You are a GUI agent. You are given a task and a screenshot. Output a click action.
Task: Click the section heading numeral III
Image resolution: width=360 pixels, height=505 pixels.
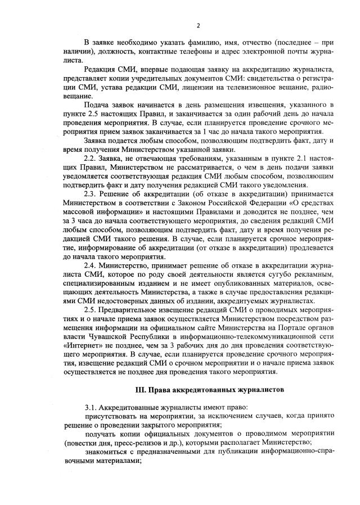pos(141,389)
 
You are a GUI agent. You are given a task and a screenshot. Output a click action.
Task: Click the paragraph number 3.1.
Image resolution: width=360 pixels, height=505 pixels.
pos(91,407)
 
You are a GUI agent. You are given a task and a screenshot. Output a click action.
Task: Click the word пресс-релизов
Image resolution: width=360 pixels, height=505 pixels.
pos(124,443)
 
